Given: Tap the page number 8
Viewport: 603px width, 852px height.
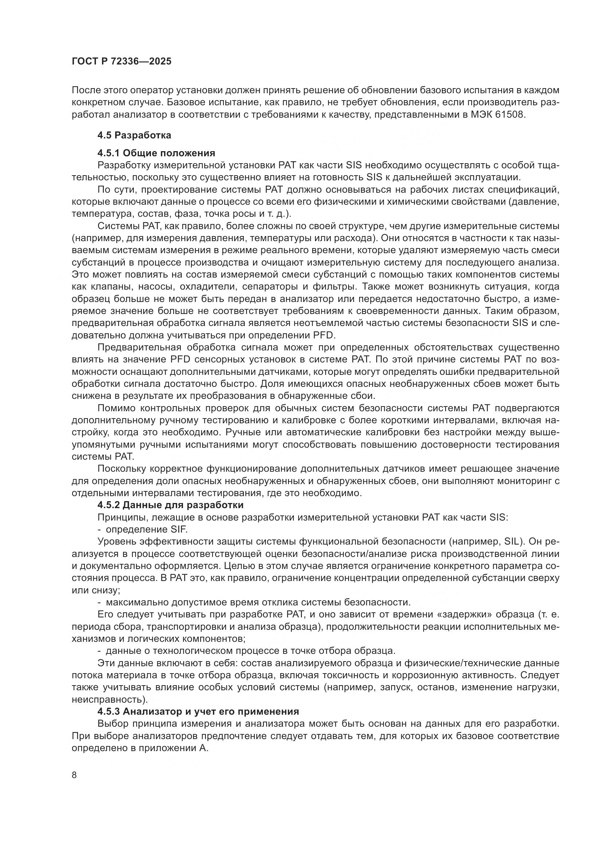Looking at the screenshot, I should point(74,775).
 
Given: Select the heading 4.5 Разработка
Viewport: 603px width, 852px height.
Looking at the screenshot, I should point(134,136).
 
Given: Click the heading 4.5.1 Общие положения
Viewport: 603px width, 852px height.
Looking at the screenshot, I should point(156,153).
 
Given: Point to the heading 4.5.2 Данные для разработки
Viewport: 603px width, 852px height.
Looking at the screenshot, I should point(170,505).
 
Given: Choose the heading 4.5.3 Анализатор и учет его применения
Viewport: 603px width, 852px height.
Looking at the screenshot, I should point(198,711).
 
